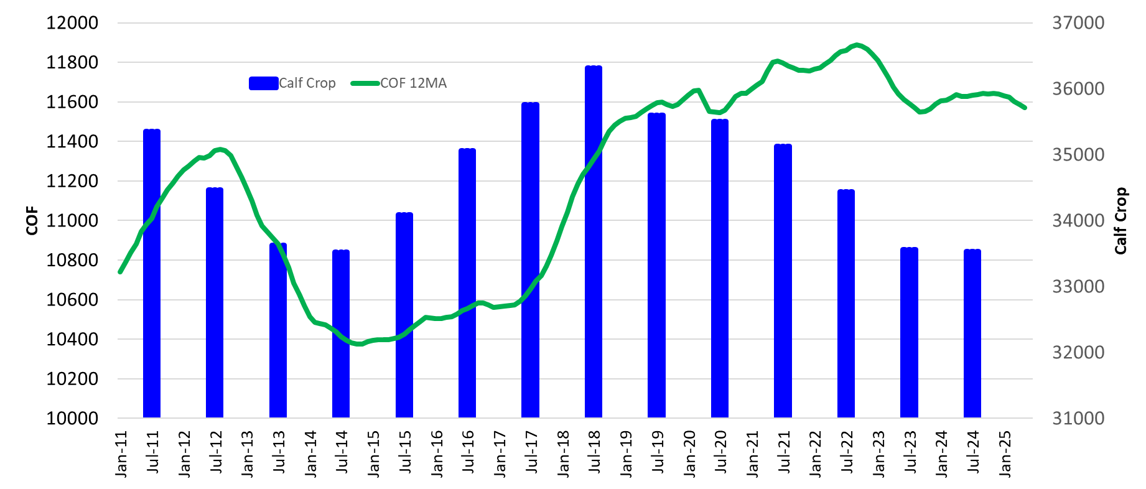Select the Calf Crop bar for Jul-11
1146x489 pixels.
(152, 274)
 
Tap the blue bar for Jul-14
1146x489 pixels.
(341, 336)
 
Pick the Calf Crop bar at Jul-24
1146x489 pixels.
(972, 336)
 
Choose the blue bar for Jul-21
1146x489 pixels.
(783, 280)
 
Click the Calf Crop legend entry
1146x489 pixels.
(292, 83)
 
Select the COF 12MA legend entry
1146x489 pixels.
(399, 83)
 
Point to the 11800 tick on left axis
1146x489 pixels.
(72, 62)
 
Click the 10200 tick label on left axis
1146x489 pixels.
(72, 379)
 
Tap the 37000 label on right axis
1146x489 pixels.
(1078, 23)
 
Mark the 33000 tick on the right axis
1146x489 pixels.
(1078, 287)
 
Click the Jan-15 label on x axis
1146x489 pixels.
(373, 454)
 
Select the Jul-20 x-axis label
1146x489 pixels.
(720, 452)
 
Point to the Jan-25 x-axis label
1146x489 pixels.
(1005, 454)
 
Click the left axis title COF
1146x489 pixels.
(32, 221)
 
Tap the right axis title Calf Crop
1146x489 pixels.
(1120, 221)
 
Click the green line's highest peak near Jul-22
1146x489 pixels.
(857, 45)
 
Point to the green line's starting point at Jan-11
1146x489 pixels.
(120, 272)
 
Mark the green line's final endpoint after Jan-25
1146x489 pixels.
(1024, 108)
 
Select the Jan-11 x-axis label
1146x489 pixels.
(121, 454)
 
